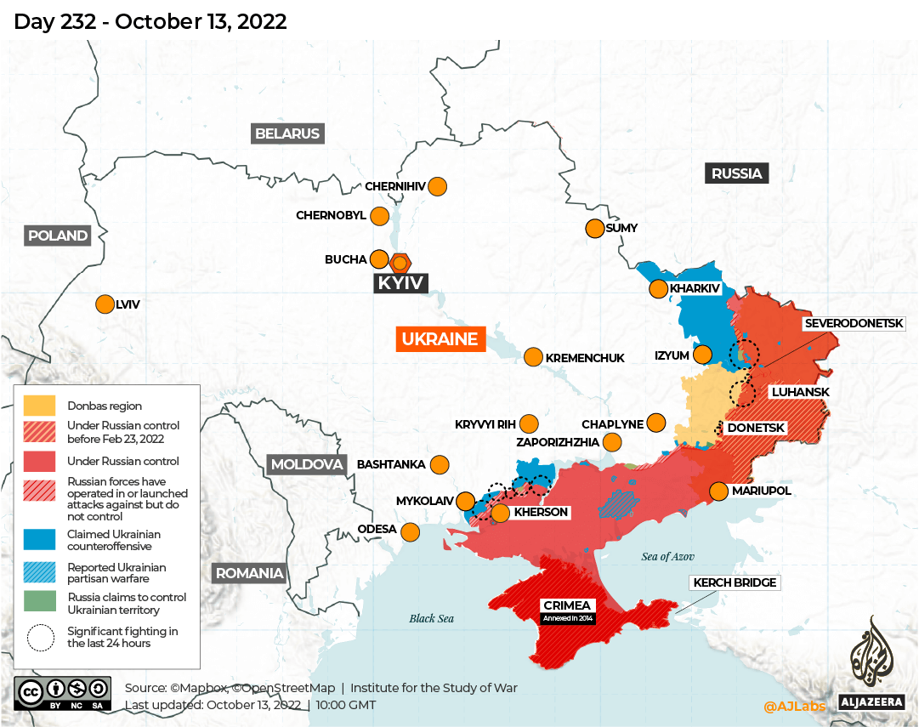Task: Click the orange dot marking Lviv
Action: point(105,304)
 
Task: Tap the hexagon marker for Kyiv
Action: point(400,263)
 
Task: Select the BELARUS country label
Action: point(288,133)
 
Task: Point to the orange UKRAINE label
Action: point(440,339)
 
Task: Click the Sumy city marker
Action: point(594,228)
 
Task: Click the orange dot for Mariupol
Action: point(718,491)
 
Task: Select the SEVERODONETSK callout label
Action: point(854,324)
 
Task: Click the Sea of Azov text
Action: point(668,557)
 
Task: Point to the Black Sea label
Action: point(431,618)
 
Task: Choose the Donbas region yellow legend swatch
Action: point(39,406)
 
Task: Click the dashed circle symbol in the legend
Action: point(41,638)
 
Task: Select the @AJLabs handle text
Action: point(793,705)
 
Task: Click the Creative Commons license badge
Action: point(62,693)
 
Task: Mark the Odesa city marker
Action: point(410,532)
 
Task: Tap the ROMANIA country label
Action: point(249,573)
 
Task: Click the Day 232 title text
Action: point(150,21)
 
